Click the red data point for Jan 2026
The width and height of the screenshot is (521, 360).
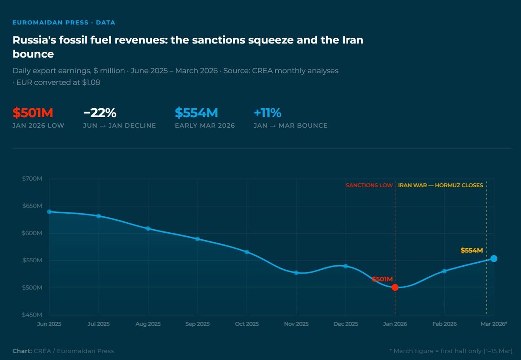(395, 287)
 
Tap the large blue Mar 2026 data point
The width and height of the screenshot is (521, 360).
(494, 258)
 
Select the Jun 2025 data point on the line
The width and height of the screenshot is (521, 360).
(49, 211)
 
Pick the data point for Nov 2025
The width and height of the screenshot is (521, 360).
(296, 273)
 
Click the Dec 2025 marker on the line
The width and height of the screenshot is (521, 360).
(346, 266)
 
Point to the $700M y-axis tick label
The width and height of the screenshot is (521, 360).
(33, 179)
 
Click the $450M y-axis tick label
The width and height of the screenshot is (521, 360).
(33, 315)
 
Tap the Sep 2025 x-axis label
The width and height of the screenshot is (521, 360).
(197, 324)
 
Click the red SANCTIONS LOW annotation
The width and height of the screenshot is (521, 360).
(369, 185)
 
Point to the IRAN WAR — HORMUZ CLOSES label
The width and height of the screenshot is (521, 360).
(440, 185)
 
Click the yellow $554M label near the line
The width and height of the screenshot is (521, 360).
(472, 250)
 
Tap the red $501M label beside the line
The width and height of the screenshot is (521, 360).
(382, 279)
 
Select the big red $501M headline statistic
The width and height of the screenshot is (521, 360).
(33, 113)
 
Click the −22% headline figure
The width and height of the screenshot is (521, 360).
(100, 113)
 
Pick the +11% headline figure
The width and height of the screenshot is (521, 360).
(267, 113)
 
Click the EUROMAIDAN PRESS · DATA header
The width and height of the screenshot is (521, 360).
(64, 23)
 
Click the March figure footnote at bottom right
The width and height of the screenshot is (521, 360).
(451, 351)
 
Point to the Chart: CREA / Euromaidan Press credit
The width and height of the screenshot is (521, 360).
(63, 351)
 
